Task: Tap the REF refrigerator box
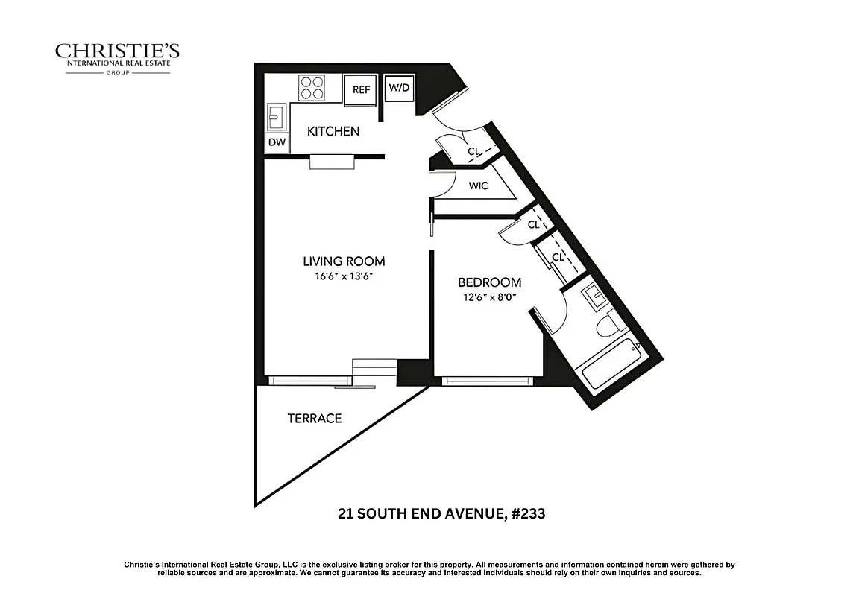pos(362,90)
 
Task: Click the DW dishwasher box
pos(276,142)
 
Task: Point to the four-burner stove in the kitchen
pos(313,89)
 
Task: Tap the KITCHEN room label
pos(333,131)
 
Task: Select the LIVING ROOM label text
pos(344,261)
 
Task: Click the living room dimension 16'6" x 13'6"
pos(343,276)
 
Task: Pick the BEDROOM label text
pos(489,282)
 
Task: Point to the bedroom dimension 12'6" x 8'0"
pos(488,297)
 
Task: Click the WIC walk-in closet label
pos(479,186)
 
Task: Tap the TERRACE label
pos(315,419)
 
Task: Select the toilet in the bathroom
pos(608,326)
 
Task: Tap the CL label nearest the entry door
pos(473,150)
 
